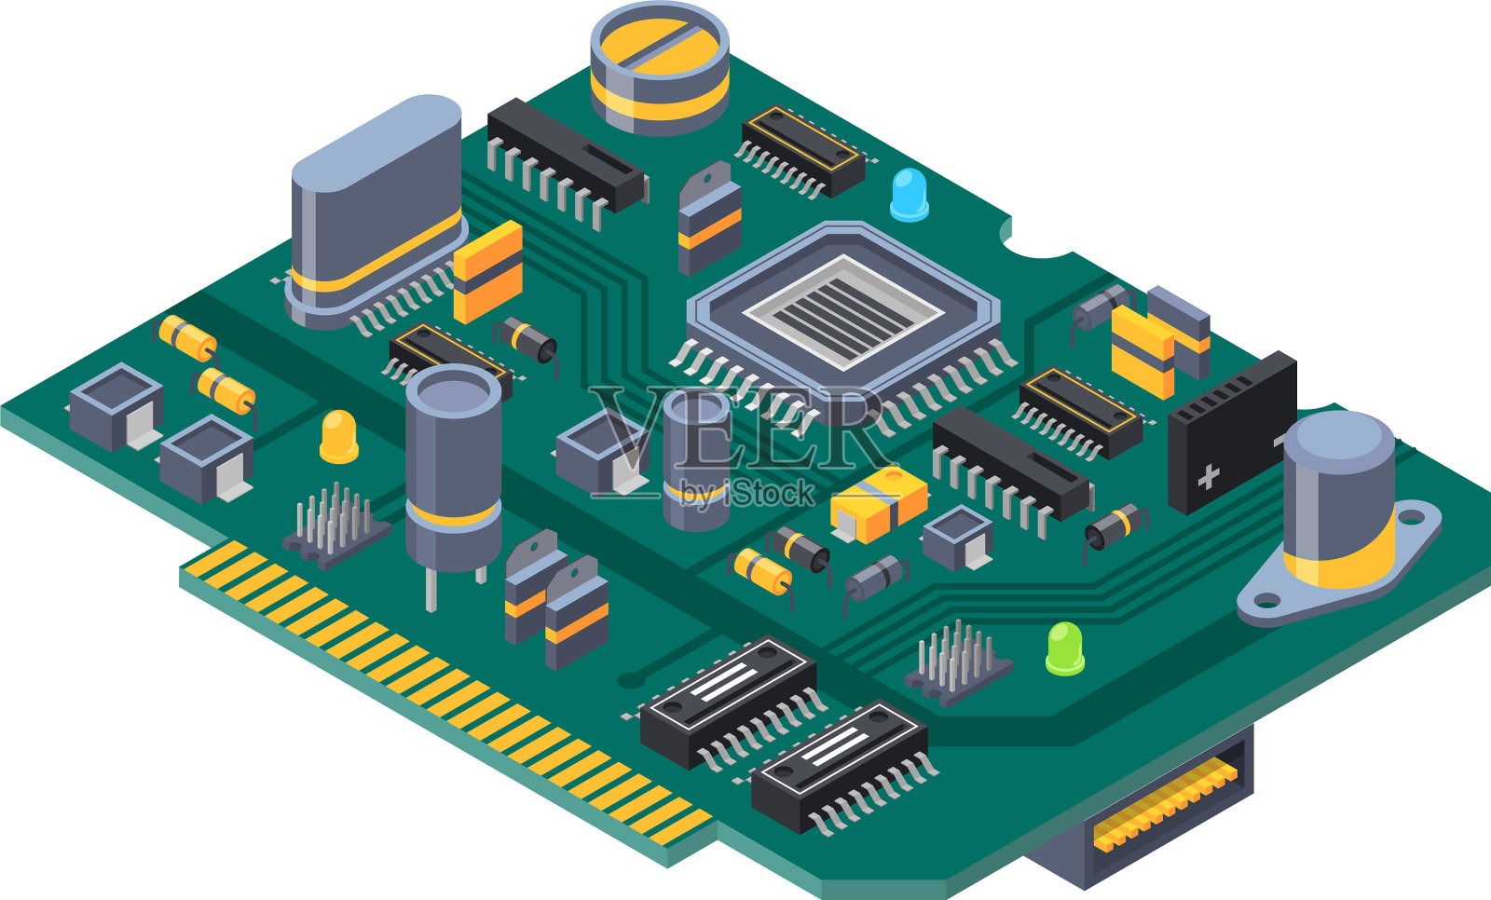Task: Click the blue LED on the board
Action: pos(910,195)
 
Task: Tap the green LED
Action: pos(1065,648)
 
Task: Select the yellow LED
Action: pos(339,437)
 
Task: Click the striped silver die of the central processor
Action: pos(843,312)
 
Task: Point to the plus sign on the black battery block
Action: pos(1208,477)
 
